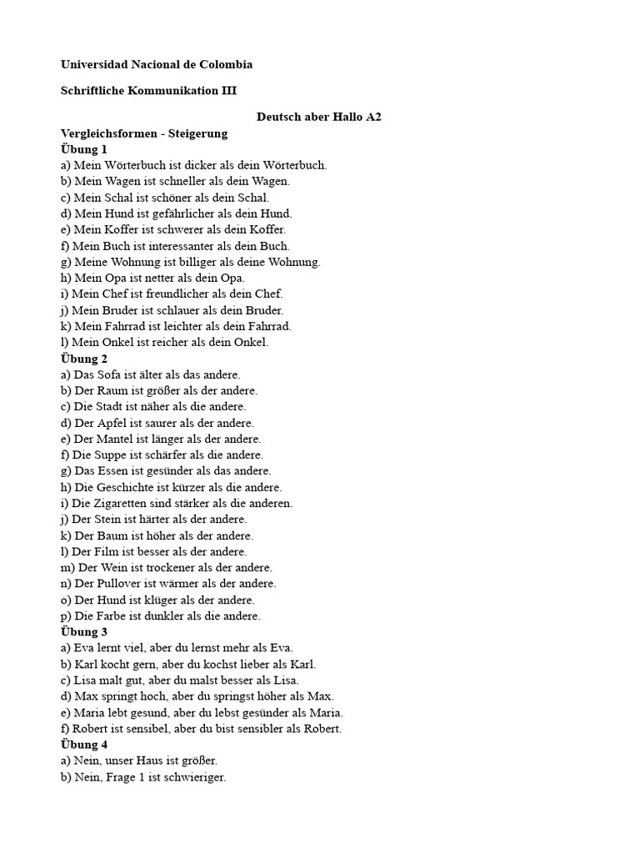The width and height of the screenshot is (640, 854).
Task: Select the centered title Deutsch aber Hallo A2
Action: pos(319,118)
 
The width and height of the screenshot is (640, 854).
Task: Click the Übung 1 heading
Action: pos(84,149)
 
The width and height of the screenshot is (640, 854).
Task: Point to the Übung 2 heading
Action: pos(84,359)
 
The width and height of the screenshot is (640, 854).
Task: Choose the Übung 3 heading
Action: pos(84,632)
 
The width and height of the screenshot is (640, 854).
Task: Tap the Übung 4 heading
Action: pos(84,745)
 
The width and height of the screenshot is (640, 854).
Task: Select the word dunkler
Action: pos(160,616)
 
